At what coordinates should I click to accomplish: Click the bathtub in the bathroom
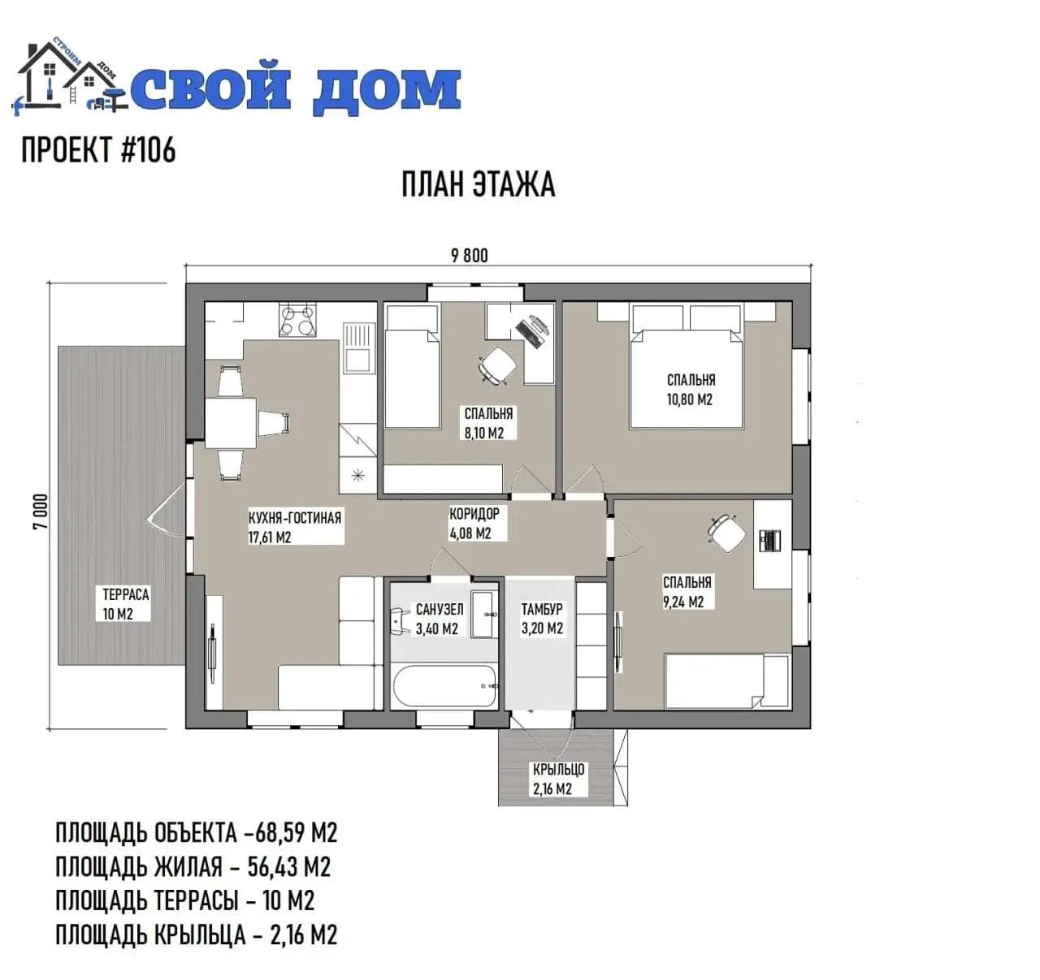coord(444,686)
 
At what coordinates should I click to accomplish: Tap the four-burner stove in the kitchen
coord(297,321)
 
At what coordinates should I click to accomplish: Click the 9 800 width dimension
coord(469,256)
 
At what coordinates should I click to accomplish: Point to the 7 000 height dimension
coord(41,511)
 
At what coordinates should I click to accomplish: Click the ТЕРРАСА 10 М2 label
coord(125,604)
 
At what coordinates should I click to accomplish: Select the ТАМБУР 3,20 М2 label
coord(542,618)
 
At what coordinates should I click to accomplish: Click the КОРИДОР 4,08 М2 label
coord(474,524)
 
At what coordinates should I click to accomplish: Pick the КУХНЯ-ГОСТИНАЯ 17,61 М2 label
coord(295,528)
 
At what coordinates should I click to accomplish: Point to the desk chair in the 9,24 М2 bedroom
coord(727,533)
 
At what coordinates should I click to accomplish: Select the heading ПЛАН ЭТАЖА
coord(478,184)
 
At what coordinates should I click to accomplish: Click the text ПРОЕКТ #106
coord(98,149)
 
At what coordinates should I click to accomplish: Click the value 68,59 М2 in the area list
coord(296,833)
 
